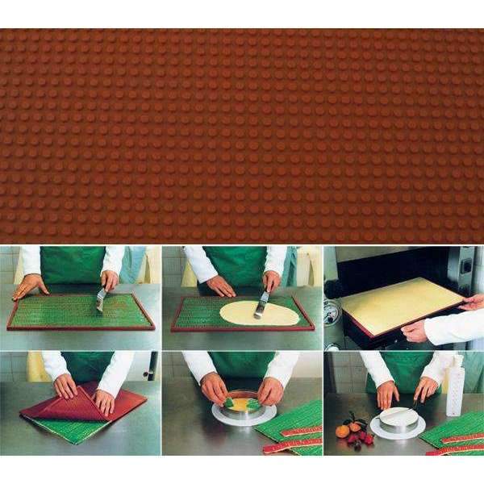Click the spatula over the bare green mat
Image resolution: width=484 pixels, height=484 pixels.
(x=102, y=298)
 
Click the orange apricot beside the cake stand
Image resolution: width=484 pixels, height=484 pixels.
(x=343, y=431)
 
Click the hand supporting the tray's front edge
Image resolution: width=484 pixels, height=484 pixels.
(x=415, y=331)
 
